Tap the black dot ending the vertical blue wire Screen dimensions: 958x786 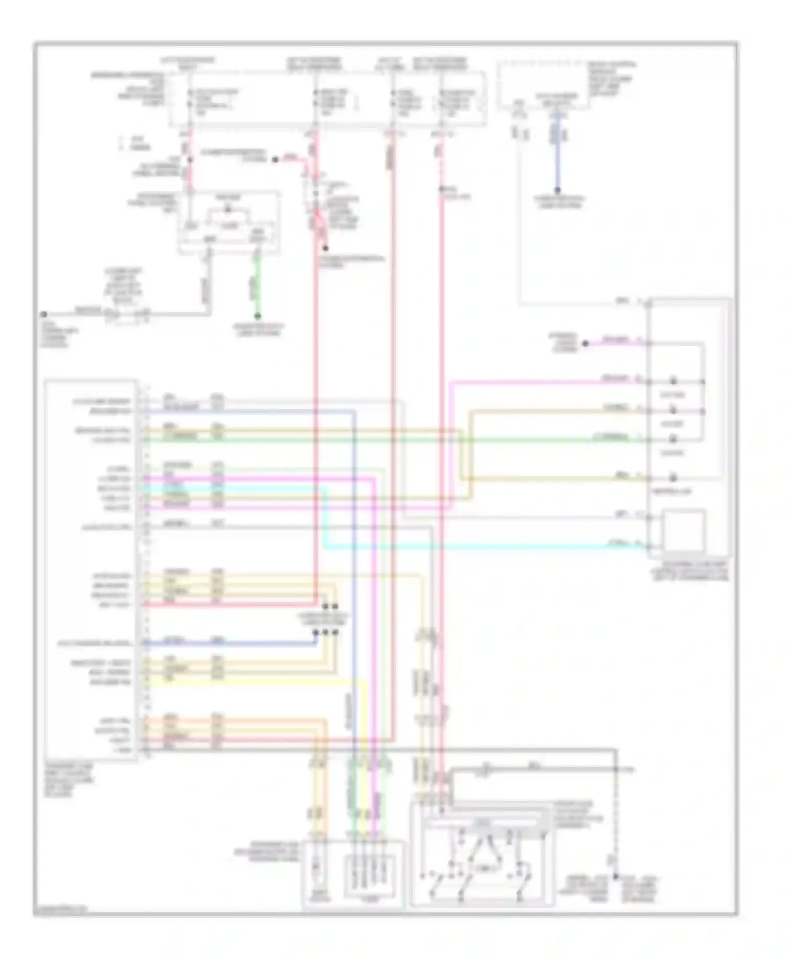(x=558, y=190)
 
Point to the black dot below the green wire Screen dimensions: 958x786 (x=257, y=316)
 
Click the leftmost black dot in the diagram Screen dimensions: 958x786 (x=44, y=314)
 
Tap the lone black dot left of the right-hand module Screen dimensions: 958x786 (x=586, y=343)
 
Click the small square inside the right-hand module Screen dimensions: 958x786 (x=684, y=530)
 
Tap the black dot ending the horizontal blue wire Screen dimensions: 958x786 (x=315, y=632)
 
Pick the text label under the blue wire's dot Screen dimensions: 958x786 (x=559, y=202)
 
